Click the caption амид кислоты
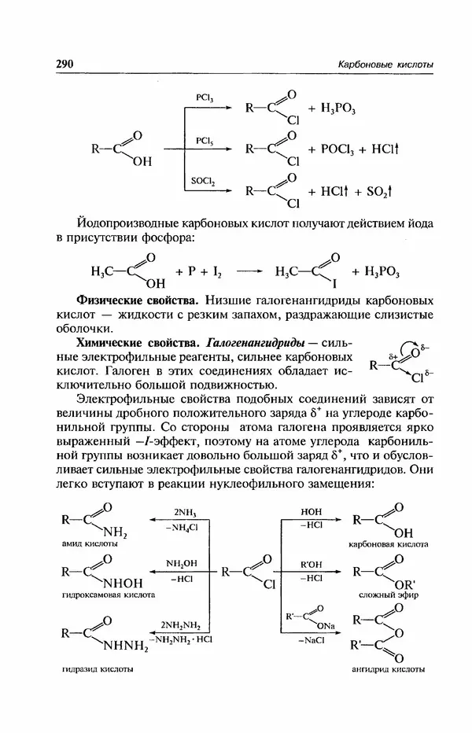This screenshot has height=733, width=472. (89, 543)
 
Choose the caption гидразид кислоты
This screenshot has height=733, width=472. (95, 669)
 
